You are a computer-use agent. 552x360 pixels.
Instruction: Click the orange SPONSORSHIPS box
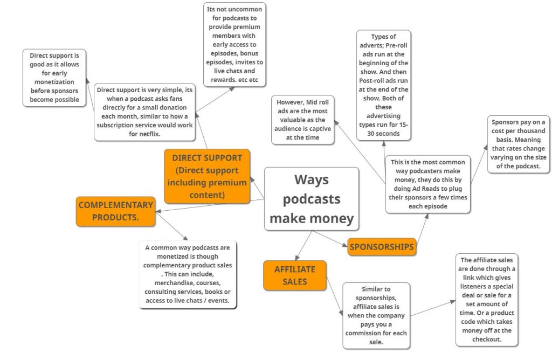coord(382,247)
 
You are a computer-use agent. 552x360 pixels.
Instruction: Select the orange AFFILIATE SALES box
coord(294,275)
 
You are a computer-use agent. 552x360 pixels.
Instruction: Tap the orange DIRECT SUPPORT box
coord(207,176)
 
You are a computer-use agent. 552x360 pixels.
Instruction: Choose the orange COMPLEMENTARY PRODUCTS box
coord(115,211)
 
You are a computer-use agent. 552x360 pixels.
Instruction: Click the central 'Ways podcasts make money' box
coord(312,198)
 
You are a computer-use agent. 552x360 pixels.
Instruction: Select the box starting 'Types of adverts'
coord(383,84)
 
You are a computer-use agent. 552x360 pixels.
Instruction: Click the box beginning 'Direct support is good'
coord(54,77)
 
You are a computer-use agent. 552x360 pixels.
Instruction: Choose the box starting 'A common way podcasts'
coord(188,274)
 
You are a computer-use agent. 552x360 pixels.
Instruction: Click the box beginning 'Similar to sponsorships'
coord(376,316)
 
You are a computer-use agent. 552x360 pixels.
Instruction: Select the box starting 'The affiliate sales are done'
coord(486,300)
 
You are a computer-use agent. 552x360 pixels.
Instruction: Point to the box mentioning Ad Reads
coord(428,184)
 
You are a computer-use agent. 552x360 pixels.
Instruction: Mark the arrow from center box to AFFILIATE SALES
coord(303,245)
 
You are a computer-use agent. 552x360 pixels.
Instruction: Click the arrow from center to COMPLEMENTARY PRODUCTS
coord(210,207)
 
